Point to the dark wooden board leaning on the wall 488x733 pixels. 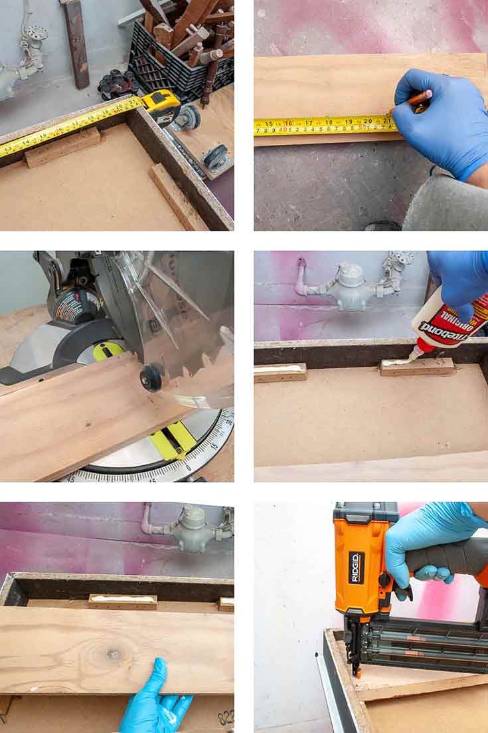click(x=77, y=43)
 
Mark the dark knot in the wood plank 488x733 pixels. click(x=114, y=654)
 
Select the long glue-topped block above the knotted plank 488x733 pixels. click(x=123, y=601)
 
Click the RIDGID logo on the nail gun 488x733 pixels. click(x=357, y=567)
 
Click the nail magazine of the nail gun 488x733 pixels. click(x=425, y=648)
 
